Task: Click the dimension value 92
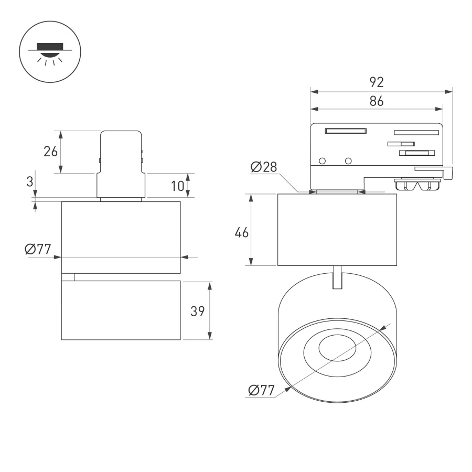(377, 82)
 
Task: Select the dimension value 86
(377, 101)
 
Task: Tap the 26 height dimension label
(50, 152)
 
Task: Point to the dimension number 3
(30, 182)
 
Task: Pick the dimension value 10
(177, 185)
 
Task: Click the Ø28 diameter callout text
(264, 167)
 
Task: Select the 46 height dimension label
(241, 233)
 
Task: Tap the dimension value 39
(197, 311)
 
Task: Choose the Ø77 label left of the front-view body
(37, 250)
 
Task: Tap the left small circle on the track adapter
(323, 160)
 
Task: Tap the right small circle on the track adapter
(348, 160)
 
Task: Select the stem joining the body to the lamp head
(337, 277)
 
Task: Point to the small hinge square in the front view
(68, 277)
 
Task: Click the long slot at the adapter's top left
(346, 131)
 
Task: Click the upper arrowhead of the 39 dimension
(210, 285)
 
